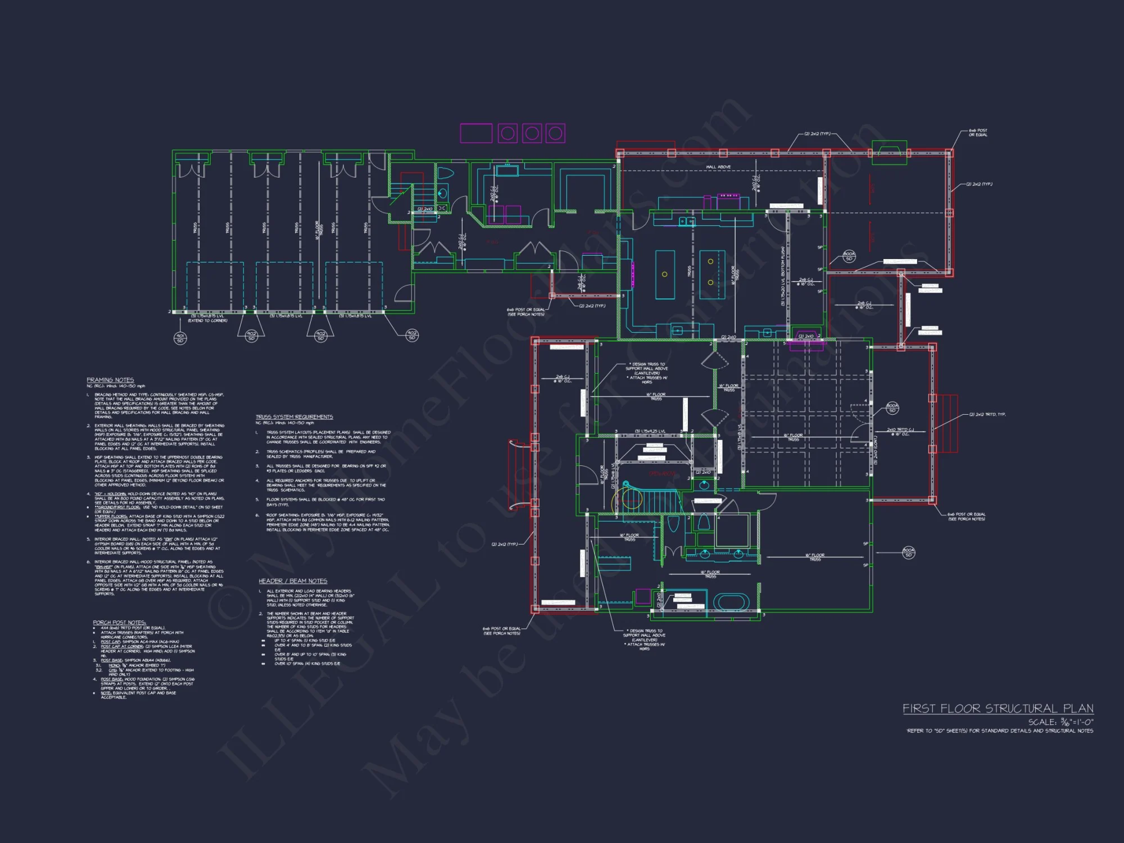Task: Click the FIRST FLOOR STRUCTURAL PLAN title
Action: (998, 708)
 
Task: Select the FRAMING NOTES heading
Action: (110, 380)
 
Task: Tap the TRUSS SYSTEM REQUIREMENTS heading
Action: (294, 416)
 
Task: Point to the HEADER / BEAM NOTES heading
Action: (292, 581)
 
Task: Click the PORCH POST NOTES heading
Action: (119, 622)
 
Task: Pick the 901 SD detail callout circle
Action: (180, 338)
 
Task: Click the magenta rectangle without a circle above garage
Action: (476, 133)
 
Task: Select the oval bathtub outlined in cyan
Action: (731, 602)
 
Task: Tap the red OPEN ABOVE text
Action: (661, 474)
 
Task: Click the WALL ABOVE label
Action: (718, 167)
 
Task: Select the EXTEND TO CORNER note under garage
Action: (207, 320)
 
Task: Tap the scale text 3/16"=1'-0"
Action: (1060, 722)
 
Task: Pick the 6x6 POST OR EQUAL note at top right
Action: (978, 132)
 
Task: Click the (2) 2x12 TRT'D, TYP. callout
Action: (987, 414)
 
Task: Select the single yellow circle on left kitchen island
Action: (664, 274)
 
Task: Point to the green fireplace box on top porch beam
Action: (889, 152)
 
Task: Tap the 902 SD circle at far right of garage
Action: (412, 335)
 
